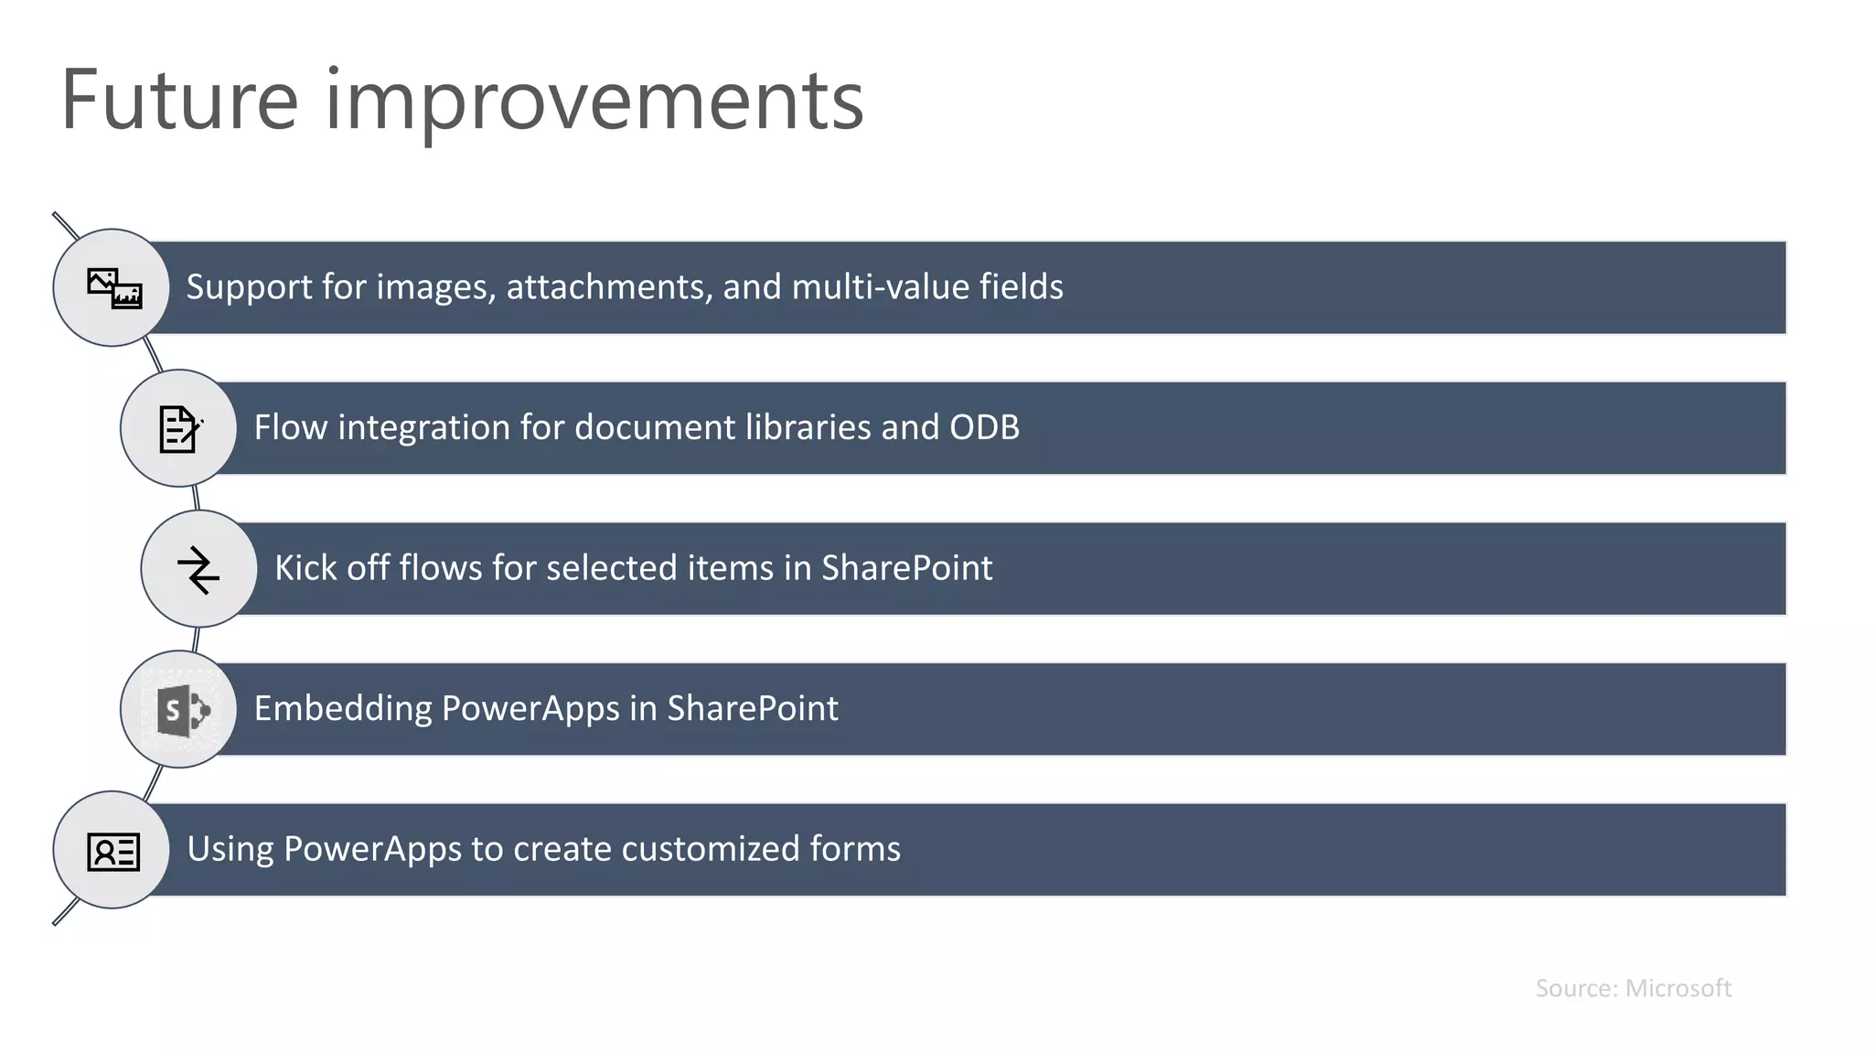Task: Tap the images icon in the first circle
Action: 113,288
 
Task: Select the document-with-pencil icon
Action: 179,428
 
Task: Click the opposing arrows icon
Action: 198,569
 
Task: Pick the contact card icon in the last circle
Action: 113,851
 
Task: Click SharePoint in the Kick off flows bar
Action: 906,568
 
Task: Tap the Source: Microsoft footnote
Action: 1632,988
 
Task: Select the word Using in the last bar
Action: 230,849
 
